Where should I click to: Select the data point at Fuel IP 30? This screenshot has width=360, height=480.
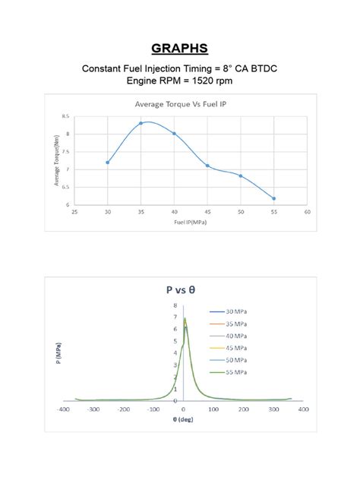pos(108,162)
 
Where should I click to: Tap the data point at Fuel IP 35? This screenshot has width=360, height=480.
pos(141,123)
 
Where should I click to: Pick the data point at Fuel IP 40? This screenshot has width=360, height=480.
pos(174,134)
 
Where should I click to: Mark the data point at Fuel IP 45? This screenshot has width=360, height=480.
pos(207,166)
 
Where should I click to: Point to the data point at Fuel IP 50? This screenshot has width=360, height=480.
pos(241,175)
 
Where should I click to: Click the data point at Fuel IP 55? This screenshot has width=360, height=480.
pos(273,198)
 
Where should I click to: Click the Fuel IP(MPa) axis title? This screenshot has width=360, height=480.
pos(191,223)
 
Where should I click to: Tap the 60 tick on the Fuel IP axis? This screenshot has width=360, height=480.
pos(307,212)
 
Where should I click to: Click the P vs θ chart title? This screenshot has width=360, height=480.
pos(182,289)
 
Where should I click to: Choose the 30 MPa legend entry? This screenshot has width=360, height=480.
pos(235,311)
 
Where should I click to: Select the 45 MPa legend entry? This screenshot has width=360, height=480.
pos(235,347)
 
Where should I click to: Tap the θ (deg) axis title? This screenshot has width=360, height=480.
pos(182,419)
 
